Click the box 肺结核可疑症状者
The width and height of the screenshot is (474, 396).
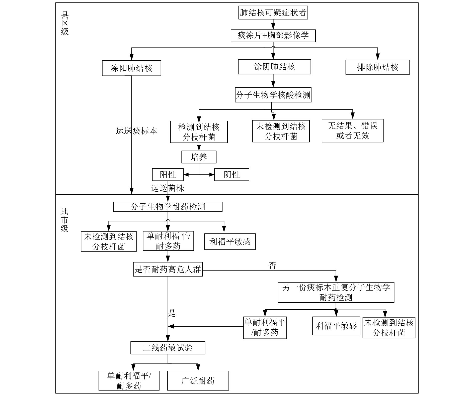tap(273, 13)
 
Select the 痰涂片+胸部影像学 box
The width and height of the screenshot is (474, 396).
tap(273, 36)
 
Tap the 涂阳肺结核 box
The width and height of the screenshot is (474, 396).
tap(131, 68)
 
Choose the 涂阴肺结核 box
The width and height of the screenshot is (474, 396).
tap(274, 67)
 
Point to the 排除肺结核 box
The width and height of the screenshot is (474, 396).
tap(377, 67)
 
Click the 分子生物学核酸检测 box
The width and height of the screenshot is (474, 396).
tap(273, 95)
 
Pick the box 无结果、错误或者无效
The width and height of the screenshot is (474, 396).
tap(352, 131)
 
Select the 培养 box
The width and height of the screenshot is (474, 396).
tap(199, 157)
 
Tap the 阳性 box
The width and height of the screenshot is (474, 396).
tap(168, 175)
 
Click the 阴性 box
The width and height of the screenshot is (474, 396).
tap(231, 175)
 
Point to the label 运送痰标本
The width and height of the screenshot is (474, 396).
tap(136, 131)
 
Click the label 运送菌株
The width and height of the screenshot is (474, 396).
tap(168, 188)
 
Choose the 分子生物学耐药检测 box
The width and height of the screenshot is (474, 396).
tap(168, 207)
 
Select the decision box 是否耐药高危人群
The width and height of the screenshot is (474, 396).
tap(168, 269)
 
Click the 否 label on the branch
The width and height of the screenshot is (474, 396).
tap(272, 266)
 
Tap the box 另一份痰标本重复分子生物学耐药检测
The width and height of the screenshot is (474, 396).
tap(336, 292)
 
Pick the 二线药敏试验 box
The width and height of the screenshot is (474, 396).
tap(168, 348)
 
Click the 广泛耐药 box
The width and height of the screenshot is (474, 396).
tap(198, 381)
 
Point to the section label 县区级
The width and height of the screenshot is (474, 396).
tap(64, 23)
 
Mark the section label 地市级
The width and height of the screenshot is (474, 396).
tap(64, 220)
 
